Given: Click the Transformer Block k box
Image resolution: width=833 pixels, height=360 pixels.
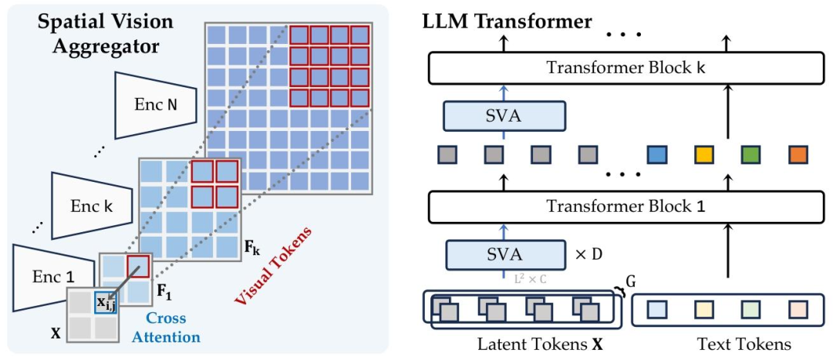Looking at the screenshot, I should coord(626,68).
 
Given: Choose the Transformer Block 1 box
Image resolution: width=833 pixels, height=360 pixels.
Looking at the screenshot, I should coord(626,207).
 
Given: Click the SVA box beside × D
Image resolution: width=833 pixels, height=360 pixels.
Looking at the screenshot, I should coord(503,254).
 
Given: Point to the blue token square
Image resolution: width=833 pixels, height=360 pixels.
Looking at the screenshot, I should coord(657,155).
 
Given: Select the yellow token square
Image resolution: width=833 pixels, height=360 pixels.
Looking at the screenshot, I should coord(703,155).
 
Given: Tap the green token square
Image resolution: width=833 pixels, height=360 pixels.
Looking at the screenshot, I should coord(751,155).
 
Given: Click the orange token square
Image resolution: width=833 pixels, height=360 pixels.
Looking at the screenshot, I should coord(798,155).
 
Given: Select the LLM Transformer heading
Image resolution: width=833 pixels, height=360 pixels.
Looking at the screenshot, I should coord(507,21).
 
